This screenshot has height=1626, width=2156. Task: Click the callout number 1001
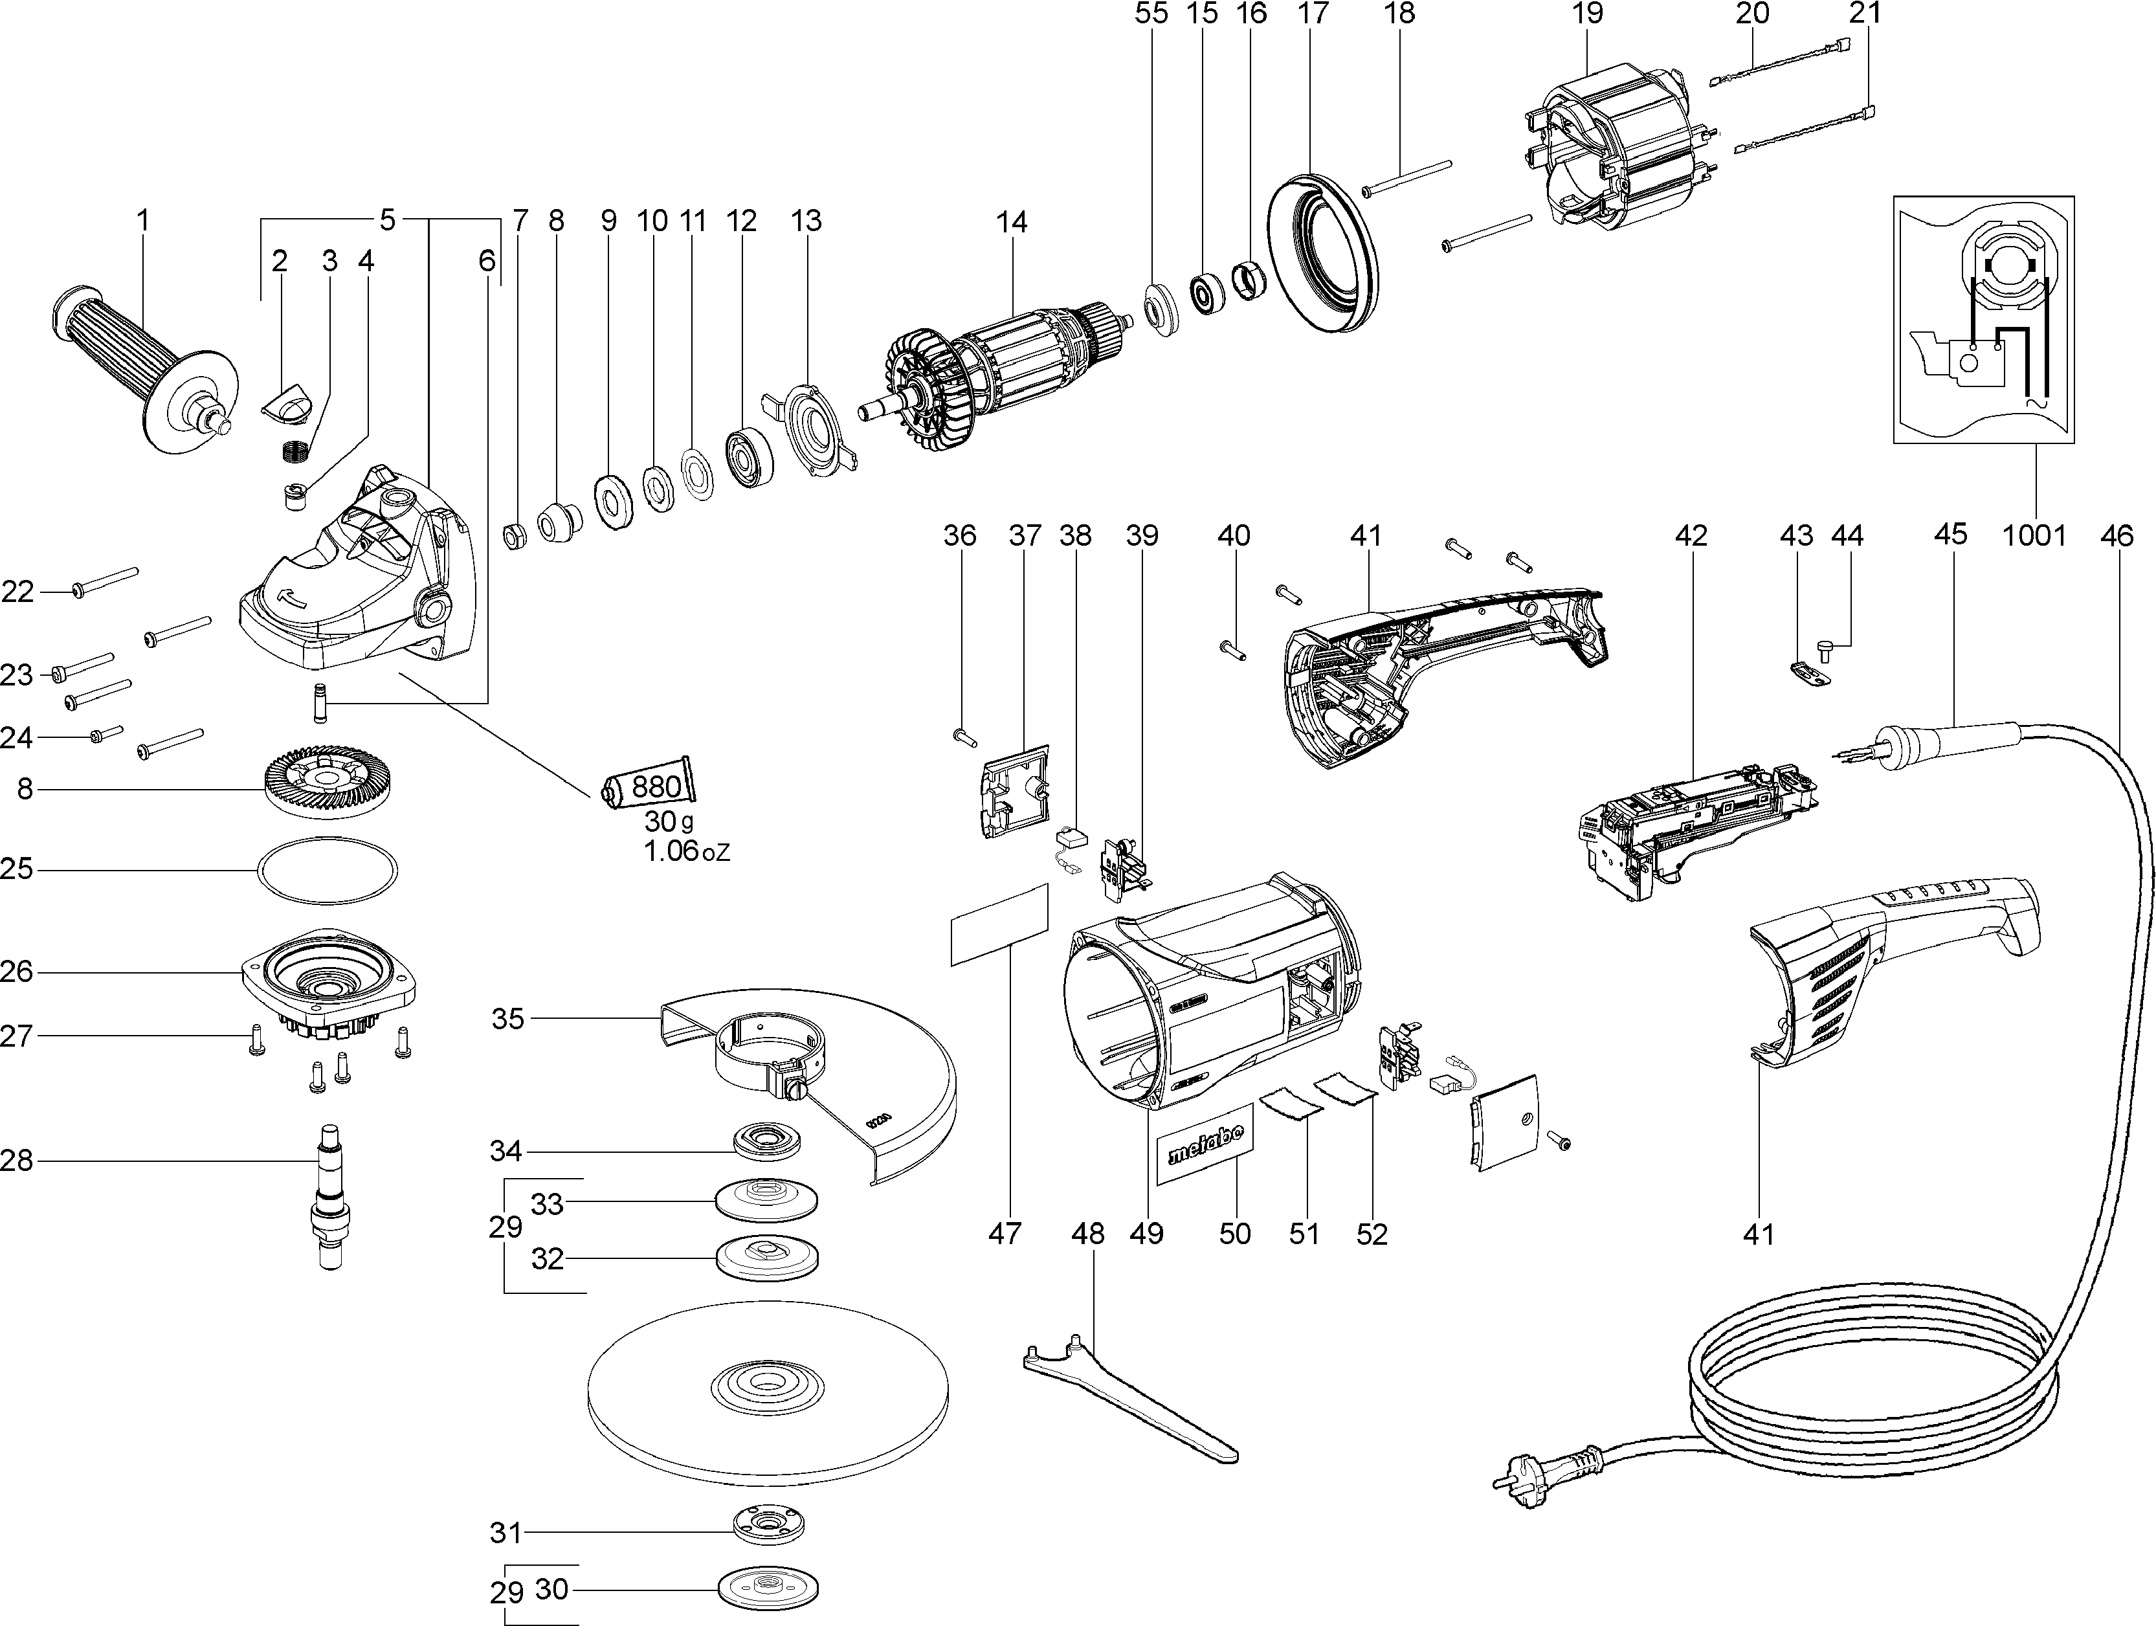tap(2034, 535)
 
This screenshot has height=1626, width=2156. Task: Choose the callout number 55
tap(1151, 14)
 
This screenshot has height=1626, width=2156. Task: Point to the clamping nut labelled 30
tap(767, 1590)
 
